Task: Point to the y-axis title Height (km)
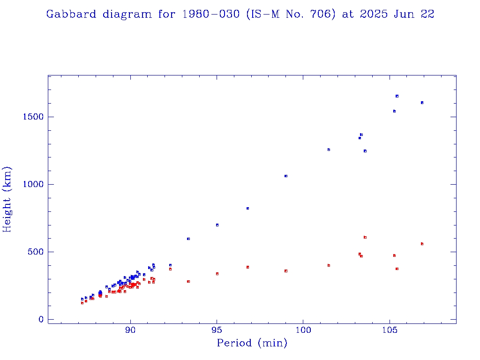(7, 199)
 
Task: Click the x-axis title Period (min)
(252, 343)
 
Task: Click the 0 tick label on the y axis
(40, 319)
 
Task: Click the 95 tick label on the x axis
(217, 330)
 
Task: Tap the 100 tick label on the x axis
(303, 330)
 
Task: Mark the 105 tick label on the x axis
(390, 330)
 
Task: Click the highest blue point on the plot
(397, 96)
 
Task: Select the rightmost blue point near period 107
(422, 103)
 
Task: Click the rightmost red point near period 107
(422, 244)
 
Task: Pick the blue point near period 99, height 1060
(286, 176)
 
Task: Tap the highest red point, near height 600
(365, 237)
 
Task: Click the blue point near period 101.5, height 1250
(329, 150)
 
